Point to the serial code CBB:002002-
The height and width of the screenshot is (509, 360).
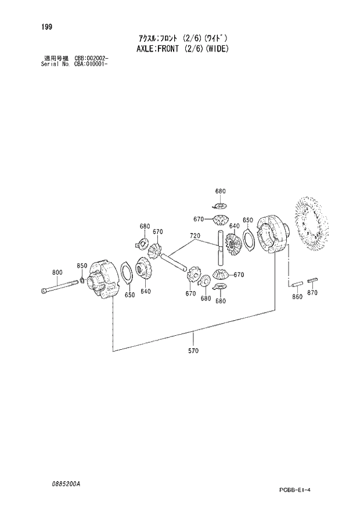pyautogui.click(x=92, y=58)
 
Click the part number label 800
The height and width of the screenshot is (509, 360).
pyautogui.click(x=57, y=272)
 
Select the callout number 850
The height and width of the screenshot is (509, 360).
pyautogui.click(x=82, y=266)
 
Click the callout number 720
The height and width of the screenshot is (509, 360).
pyautogui.click(x=195, y=236)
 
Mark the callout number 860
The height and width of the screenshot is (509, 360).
pyautogui.click(x=297, y=296)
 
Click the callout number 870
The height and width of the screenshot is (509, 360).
pyautogui.click(x=312, y=293)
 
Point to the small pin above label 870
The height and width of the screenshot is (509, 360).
pyautogui.click(x=312, y=279)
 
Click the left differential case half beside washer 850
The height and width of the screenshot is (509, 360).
pyautogui.click(x=105, y=282)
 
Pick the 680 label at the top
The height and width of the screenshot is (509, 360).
pyautogui.click(x=220, y=191)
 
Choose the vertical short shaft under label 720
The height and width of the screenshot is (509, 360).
pyautogui.click(x=221, y=246)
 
